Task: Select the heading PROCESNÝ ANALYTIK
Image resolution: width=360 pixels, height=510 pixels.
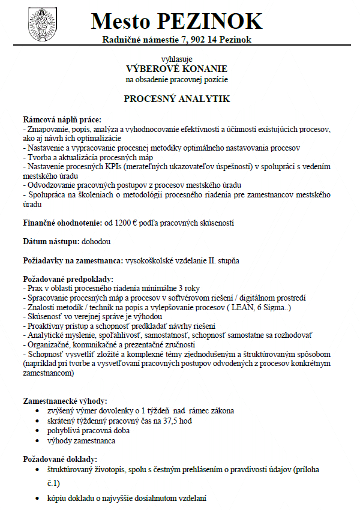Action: [177, 98]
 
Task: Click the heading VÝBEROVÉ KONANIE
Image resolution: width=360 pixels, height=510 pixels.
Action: [177, 68]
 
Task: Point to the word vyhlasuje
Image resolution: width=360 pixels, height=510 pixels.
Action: [177, 59]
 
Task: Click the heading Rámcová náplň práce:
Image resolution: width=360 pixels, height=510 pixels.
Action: [62, 120]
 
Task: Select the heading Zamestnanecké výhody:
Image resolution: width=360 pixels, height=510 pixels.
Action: [65, 400]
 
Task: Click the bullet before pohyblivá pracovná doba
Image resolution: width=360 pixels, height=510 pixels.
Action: [40, 431]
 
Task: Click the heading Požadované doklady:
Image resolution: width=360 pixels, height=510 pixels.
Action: [59, 458]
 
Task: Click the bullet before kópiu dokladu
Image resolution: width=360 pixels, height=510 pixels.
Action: [40, 499]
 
